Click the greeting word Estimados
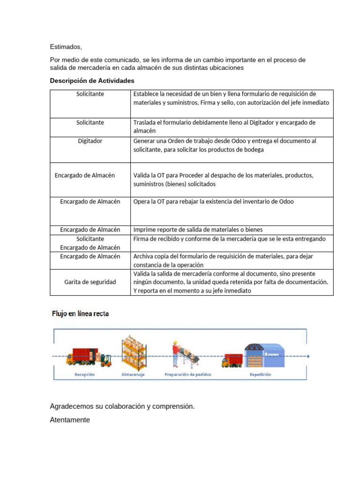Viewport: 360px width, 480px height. [66, 47]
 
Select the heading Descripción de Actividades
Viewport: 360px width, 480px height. [92, 81]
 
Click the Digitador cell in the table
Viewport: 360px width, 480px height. [90, 141]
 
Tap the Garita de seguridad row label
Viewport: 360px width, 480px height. [90, 282]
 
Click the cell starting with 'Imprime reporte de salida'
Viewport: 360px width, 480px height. [198, 230]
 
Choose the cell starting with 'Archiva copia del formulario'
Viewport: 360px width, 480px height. [224, 260]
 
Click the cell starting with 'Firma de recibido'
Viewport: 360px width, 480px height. [230, 239]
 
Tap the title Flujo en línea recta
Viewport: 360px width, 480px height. [80, 314]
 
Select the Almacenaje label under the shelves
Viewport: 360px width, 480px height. [134, 375]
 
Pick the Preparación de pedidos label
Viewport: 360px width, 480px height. [187, 375]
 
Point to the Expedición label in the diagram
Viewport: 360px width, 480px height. [260, 375]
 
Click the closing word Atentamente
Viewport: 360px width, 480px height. [70, 420]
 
